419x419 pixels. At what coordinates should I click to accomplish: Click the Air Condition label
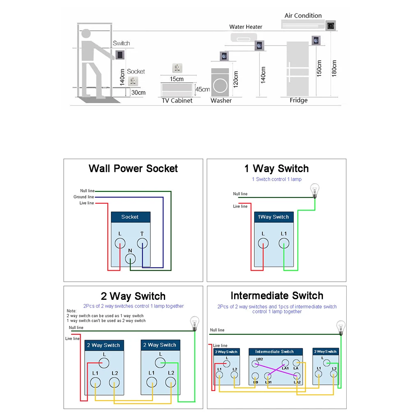[x=303, y=16]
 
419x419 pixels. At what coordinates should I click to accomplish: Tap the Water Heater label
[x=246, y=27]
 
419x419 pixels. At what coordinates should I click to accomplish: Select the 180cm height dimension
[x=334, y=69]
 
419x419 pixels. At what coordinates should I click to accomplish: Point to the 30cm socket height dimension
[x=138, y=92]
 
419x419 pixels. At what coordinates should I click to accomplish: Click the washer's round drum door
[x=220, y=86]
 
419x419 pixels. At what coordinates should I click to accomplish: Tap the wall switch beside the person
[x=120, y=55]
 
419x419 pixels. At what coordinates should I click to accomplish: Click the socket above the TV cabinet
[x=177, y=68]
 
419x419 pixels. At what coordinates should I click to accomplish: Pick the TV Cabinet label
[x=177, y=101]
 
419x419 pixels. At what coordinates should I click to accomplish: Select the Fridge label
[x=299, y=100]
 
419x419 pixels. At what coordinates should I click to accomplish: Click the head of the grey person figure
[x=86, y=34]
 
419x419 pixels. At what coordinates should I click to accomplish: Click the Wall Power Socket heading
[x=133, y=168]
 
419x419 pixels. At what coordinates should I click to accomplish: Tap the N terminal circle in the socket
[x=130, y=259]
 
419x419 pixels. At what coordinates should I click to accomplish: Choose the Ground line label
[x=84, y=197]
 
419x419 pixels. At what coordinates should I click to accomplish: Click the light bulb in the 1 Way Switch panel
[x=315, y=190]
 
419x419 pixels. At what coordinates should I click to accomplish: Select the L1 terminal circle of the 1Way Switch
[x=284, y=243]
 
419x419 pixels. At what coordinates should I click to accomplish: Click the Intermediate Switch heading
[x=277, y=295]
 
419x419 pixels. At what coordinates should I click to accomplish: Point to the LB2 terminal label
[x=260, y=359]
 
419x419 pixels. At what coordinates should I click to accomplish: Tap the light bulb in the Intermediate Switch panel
[x=341, y=328]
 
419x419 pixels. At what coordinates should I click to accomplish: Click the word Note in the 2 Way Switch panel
[x=71, y=311]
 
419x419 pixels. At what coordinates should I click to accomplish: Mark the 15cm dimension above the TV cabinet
[x=177, y=79]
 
